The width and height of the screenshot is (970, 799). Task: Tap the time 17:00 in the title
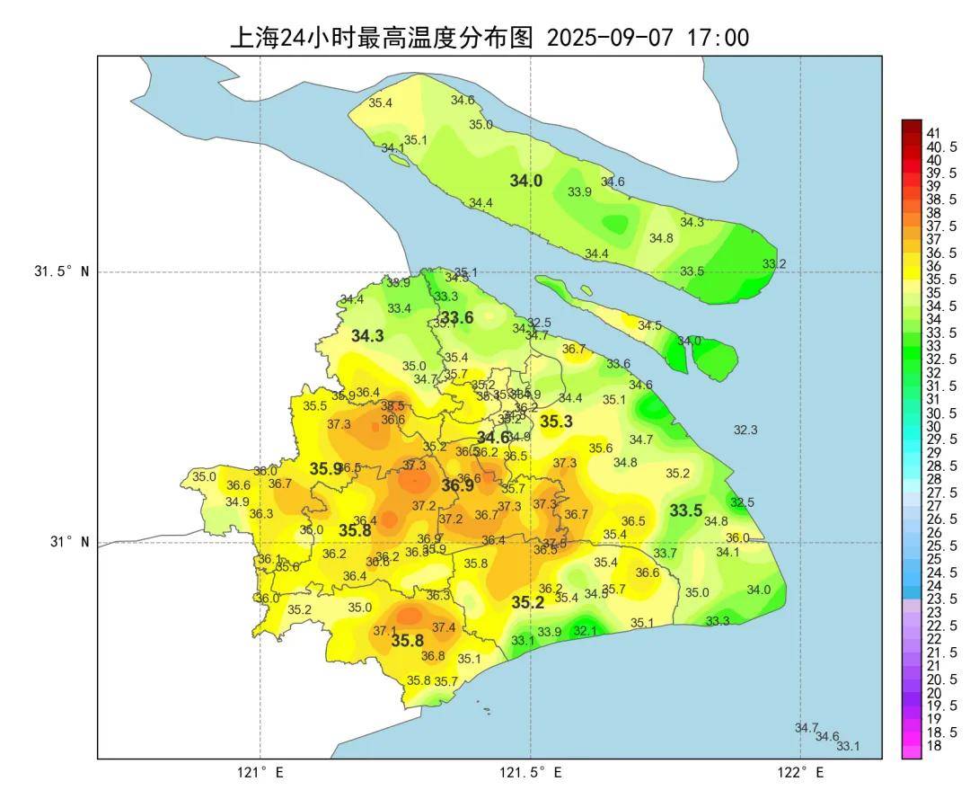pos(719,38)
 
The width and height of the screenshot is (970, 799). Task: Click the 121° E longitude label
pos(260,772)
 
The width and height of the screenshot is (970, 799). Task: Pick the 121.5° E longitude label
pos(531,772)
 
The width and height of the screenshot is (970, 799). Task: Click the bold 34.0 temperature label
pos(526,181)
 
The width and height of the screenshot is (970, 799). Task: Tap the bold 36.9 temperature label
pos(457,485)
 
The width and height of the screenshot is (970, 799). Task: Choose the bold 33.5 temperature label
pos(686,510)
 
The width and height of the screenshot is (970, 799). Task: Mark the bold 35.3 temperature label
pos(556,421)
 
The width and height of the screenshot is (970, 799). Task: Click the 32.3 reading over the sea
pos(745,431)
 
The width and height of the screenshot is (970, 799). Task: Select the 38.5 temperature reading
pos(392,406)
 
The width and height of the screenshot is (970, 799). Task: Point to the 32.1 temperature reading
pos(585,631)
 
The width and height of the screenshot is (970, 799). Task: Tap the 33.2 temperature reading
pos(774,263)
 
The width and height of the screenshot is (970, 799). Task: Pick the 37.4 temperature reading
pos(444,627)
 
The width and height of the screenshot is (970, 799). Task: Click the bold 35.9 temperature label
pos(326,468)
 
